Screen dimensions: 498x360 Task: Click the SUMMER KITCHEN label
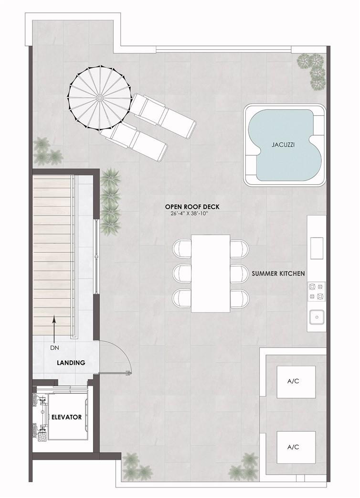278,273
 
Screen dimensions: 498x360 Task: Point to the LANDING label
71,363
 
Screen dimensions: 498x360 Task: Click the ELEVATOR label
67,417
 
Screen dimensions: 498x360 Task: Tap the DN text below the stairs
54,348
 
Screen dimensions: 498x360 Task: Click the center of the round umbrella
100,97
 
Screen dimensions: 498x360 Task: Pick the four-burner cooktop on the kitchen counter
317,292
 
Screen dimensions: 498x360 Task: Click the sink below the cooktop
317,316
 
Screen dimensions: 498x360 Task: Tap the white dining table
211,273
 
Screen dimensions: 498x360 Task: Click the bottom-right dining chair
239,298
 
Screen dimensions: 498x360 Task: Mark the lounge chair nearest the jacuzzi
164,113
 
